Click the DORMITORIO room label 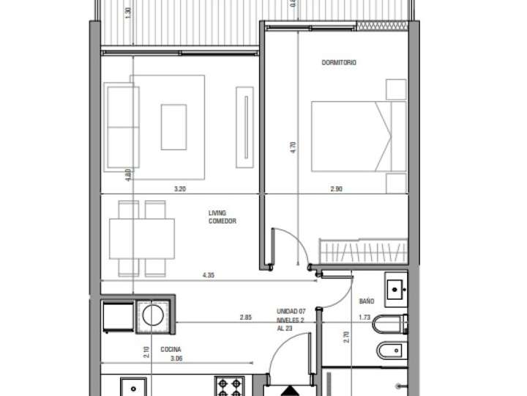pyautogui.click(x=339, y=63)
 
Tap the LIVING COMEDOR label pyautogui.click(x=221, y=217)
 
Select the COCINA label pyautogui.click(x=171, y=350)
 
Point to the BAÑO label pyautogui.click(x=367, y=301)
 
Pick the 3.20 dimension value pyautogui.click(x=179, y=189)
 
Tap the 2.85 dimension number pyautogui.click(x=245, y=318)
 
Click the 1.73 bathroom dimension pyautogui.click(x=365, y=318)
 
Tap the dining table pyautogui.click(x=142, y=238)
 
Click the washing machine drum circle pyautogui.click(x=153, y=317)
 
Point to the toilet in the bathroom pyautogui.click(x=389, y=323)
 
